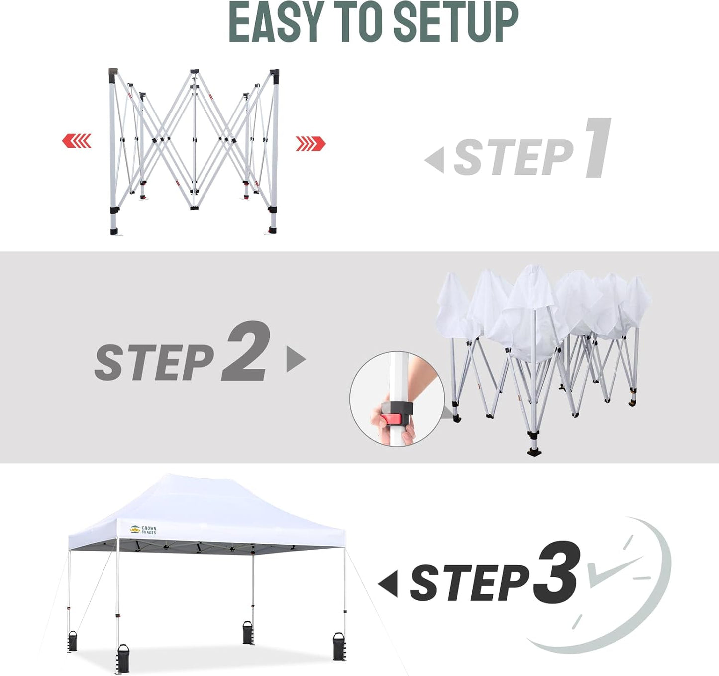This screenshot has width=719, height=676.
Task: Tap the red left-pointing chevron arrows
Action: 77,141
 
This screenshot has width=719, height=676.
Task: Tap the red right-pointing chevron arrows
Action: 310,144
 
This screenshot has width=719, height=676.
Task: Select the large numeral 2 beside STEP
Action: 247,351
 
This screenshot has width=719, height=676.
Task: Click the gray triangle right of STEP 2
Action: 295,359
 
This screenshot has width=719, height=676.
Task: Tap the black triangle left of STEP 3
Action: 389,583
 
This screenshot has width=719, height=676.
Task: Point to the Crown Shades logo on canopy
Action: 143,530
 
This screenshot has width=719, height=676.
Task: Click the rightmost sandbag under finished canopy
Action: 339,647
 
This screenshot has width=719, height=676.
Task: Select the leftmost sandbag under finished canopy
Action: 73,641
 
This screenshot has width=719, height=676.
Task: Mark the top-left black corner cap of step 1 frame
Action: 113,73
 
